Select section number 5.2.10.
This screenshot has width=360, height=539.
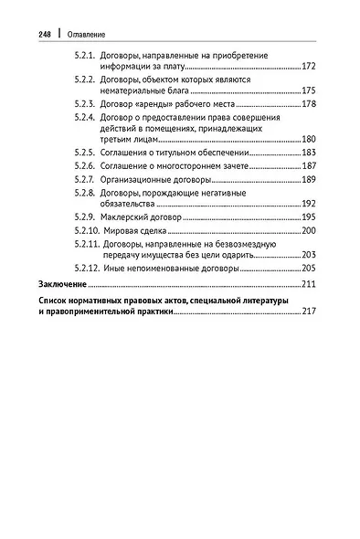point(89,231)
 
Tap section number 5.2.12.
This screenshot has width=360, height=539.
point(89,269)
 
